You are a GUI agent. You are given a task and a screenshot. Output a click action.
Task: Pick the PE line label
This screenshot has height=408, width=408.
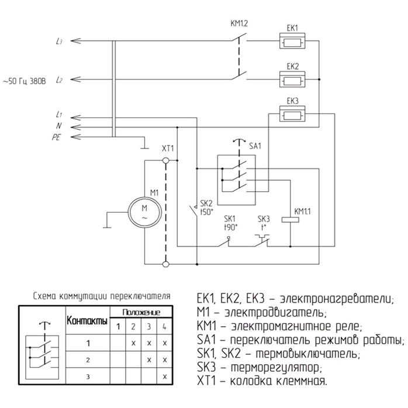click(x=57, y=137)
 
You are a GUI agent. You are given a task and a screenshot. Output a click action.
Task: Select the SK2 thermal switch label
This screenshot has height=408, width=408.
click(x=205, y=203)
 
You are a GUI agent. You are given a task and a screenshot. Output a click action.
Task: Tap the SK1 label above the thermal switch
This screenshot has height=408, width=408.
click(x=230, y=217)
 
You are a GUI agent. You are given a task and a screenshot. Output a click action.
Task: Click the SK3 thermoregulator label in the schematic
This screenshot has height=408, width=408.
click(x=265, y=217)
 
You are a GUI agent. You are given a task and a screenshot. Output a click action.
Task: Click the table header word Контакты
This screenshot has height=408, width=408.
click(x=87, y=321)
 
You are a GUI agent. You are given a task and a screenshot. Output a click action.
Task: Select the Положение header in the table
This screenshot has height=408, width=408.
click(x=141, y=312)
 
